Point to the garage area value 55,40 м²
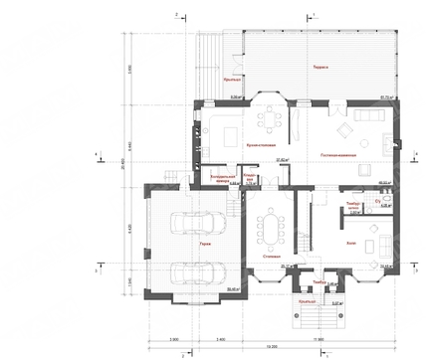[x=234, y=288]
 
